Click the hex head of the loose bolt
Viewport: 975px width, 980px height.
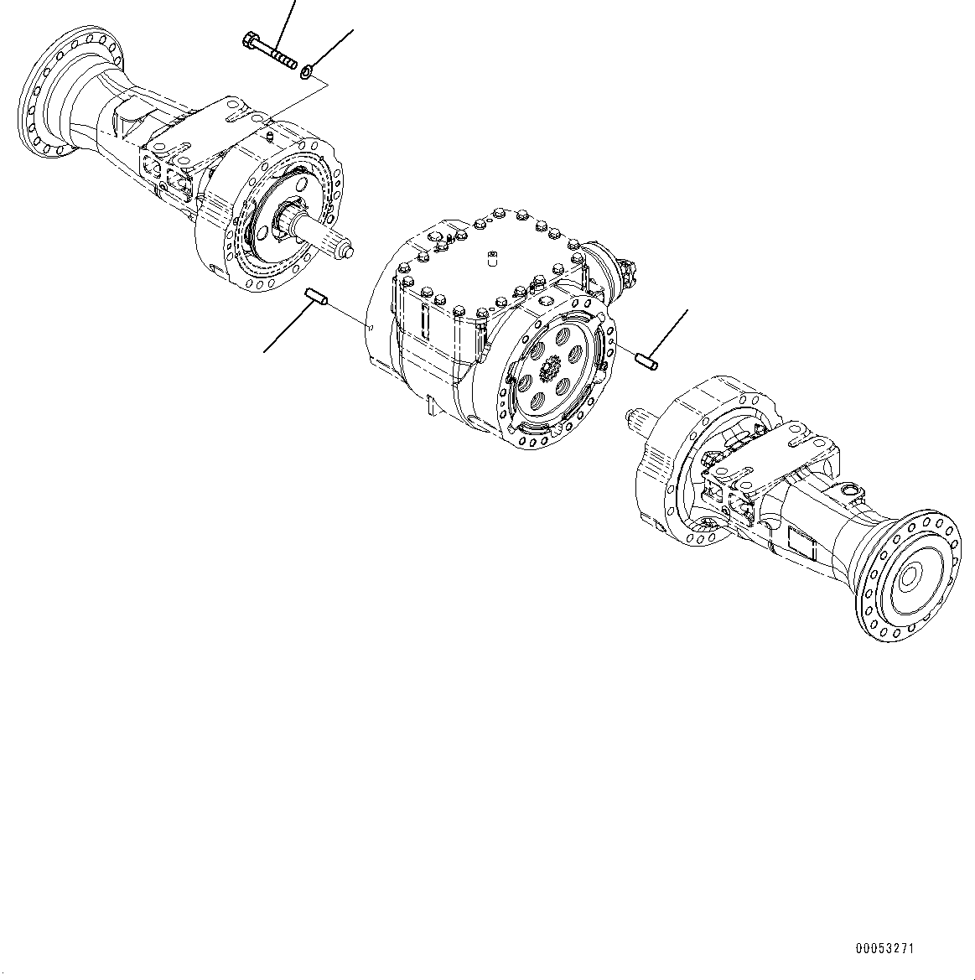coord(251,40)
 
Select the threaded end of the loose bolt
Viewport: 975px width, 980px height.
coord(287,62)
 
